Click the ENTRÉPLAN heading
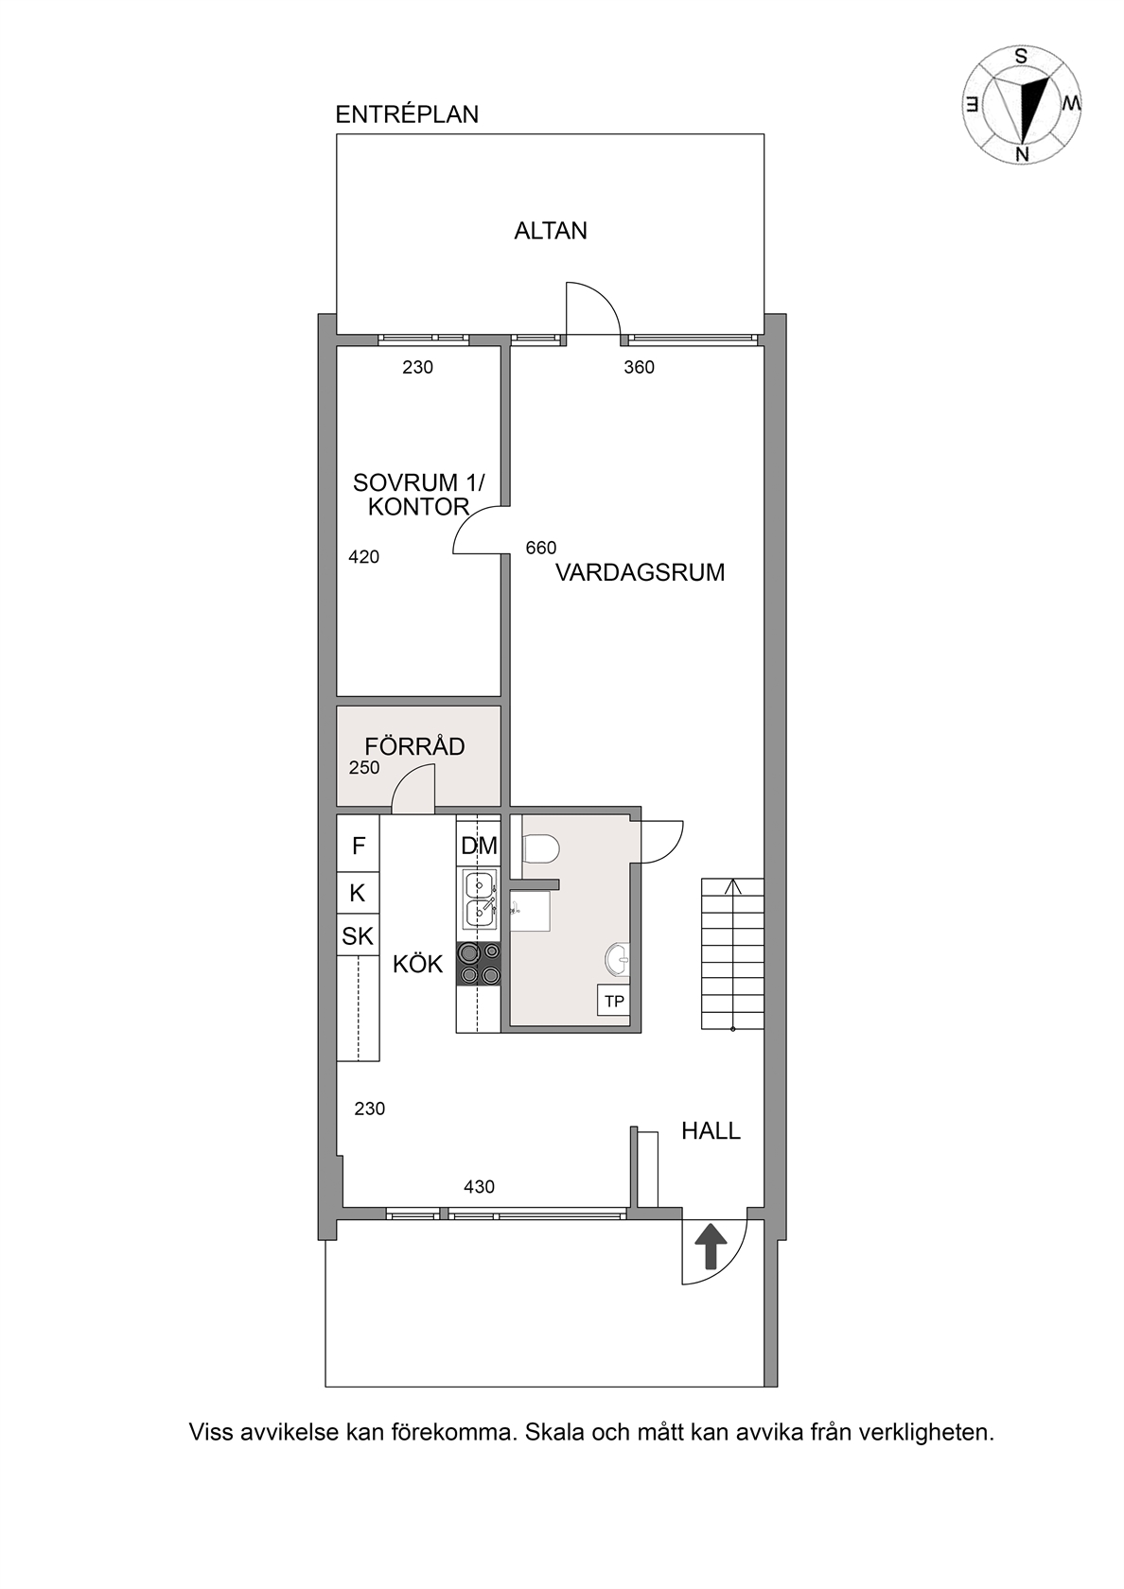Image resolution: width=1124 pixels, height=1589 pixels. pos(407,114)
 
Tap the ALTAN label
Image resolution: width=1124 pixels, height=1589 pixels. pos(551,231)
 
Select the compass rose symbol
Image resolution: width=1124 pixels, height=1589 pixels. pos(1021,105)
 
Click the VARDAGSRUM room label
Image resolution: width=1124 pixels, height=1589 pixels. pos(640,572)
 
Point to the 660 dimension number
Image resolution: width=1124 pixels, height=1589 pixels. pos(541,548)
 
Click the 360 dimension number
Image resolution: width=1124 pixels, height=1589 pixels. pos(639,367)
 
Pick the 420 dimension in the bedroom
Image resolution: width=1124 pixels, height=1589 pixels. pos(363,557)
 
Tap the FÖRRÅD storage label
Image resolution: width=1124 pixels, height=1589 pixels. pos(414,745)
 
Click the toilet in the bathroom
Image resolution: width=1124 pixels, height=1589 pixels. pos(540,847)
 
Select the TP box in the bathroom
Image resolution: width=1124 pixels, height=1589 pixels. pos(614,1001)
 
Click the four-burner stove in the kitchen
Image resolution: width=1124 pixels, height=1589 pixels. pos(479,963)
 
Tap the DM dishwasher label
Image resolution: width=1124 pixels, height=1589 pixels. pos(479,846)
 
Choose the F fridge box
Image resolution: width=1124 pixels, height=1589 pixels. pos(359,846)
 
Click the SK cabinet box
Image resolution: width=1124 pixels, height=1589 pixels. pos(358,935)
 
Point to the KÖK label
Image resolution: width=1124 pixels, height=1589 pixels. pos(417,964)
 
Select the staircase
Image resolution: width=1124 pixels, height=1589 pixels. pos(733,954)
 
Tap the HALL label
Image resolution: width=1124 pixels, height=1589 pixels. pos(711,1130)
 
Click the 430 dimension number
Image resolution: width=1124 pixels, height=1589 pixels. pos(479,1187)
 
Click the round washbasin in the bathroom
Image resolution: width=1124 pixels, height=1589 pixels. pos(618,961)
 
